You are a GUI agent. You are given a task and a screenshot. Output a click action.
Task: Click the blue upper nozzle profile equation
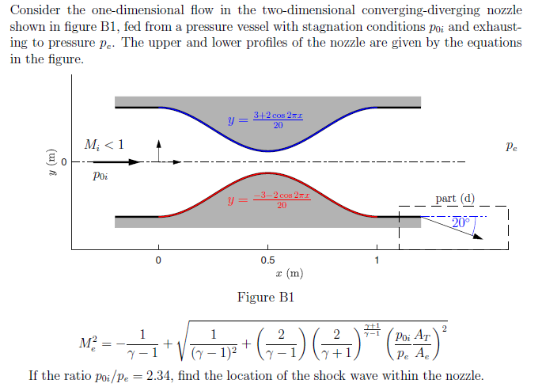(x=257, y=120)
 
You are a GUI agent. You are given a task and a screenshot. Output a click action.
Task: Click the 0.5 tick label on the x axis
(x=268, y=260)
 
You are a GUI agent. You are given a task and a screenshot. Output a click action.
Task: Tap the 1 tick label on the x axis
(x=377, y=260)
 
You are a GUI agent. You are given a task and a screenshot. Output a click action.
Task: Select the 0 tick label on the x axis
(x=158, y=260)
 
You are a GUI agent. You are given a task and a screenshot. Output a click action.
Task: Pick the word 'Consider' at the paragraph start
(x=37, y=10)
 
